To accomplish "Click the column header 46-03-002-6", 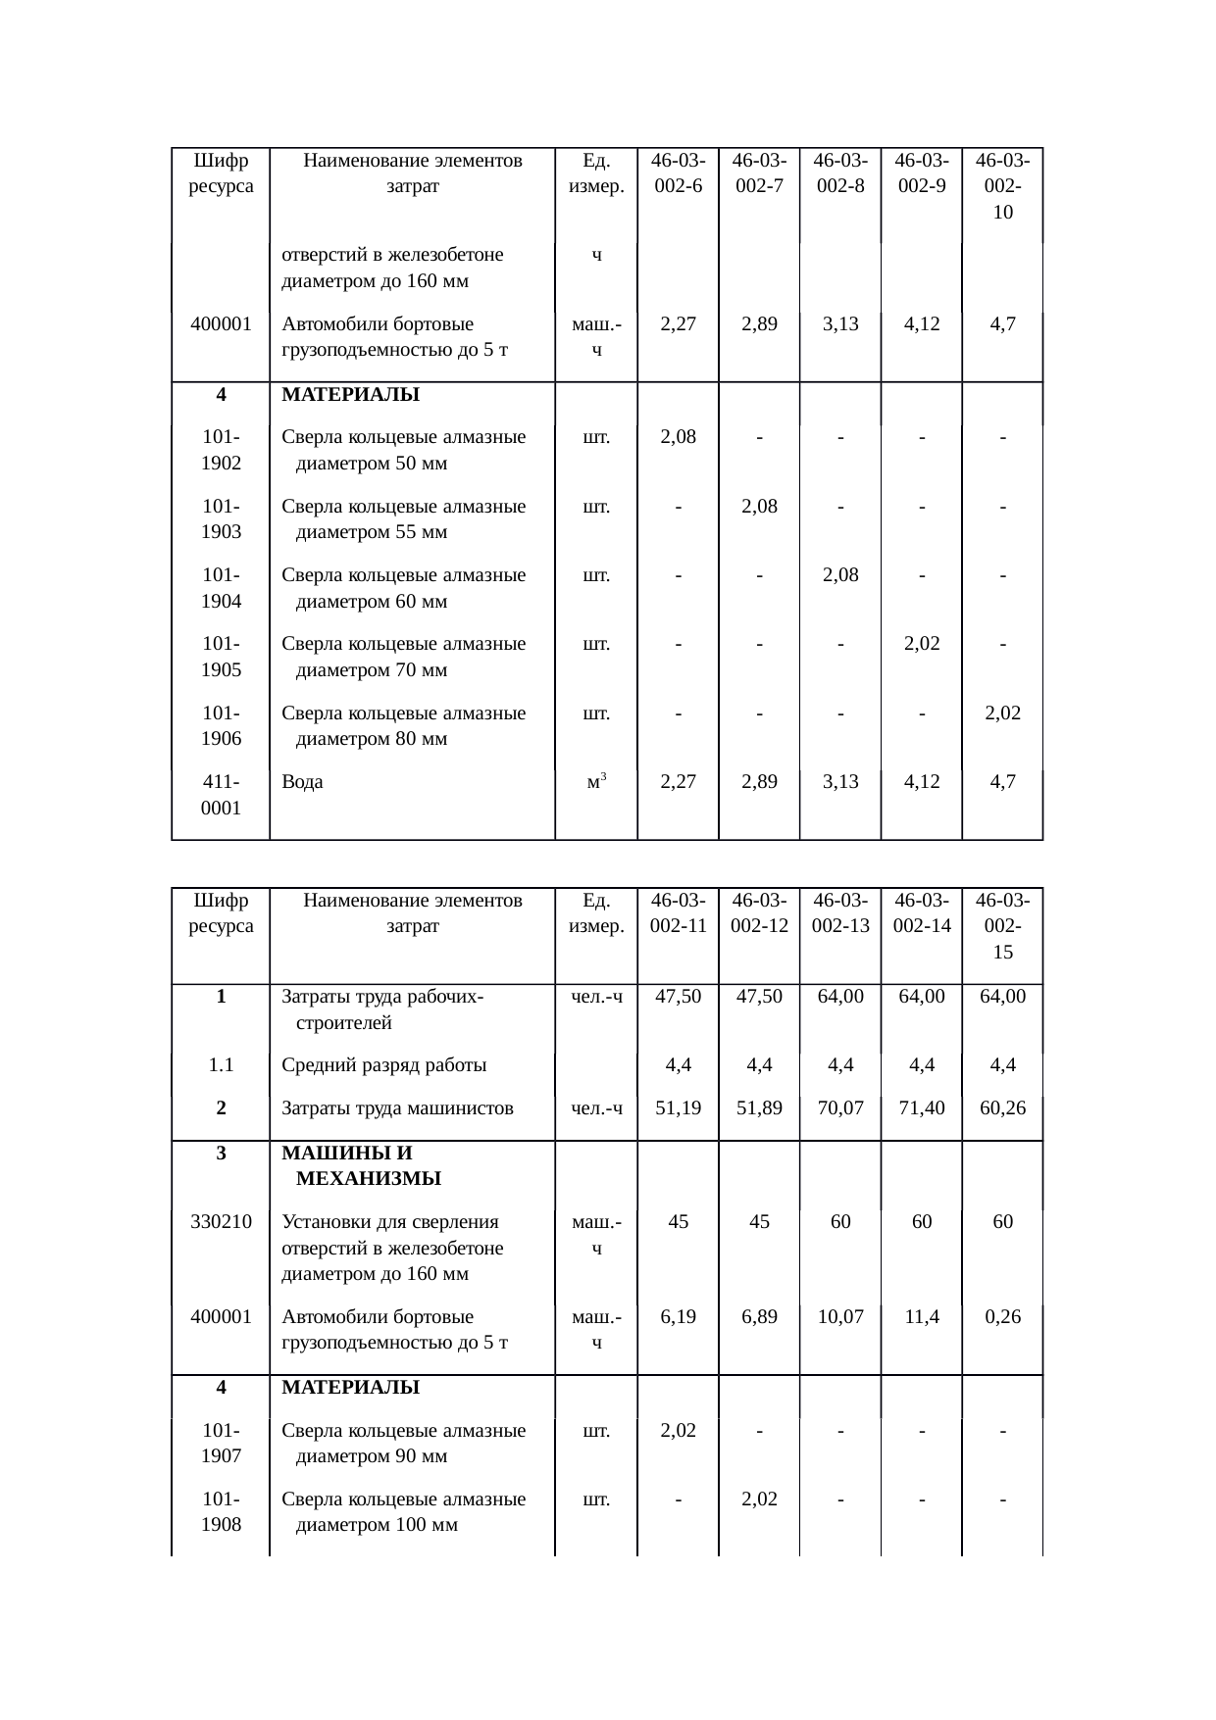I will click(678, 172).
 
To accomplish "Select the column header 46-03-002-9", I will click(921, 172).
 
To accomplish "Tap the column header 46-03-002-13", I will click(840, 912).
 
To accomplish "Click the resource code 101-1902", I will click(221, 450).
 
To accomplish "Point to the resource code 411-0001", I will click(221, 795).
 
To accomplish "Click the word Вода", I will click(302, 782).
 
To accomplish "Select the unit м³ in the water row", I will click(596, 781).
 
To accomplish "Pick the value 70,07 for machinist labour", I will click(840, 1108).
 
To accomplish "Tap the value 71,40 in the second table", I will click(922, 1108).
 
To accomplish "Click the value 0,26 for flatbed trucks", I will click(1002, 1316).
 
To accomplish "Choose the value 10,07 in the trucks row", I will click(840, 1316).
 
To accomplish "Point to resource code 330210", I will click(221, 1222).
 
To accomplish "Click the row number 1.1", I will click(221, 1065).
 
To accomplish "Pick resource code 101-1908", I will click(221, 1512).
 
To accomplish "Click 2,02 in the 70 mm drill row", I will click(922, 644).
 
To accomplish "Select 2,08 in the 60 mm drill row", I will click(840, 575).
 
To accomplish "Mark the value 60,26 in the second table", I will click(1002, 1108).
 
